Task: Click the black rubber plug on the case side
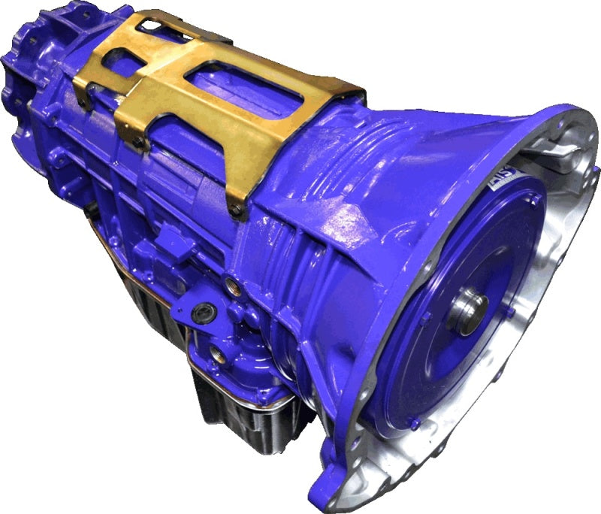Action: [201, 313]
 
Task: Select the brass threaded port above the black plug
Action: [230, 284]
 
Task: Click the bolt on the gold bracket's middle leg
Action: [140, 141]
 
